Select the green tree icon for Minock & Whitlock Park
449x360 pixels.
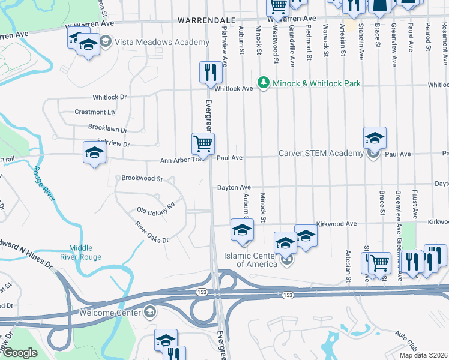(262, 83)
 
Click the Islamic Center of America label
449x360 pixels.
(256, 259)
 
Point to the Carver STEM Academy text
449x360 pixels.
(321, 154)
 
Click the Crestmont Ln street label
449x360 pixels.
(94, 112)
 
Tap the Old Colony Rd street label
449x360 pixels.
(155, 208)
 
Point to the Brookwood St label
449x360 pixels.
(142, 179)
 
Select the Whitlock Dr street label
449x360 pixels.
(110, 97)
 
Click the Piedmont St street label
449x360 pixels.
(309, 42)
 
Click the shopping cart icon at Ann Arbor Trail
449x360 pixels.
(203, 144)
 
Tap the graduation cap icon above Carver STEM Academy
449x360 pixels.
(375, 139)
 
